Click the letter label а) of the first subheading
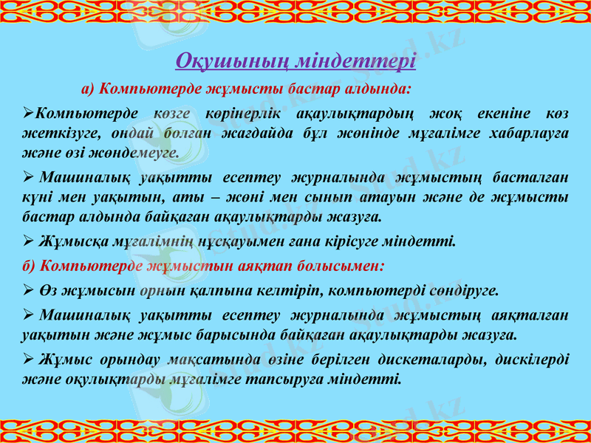(88, 90)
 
